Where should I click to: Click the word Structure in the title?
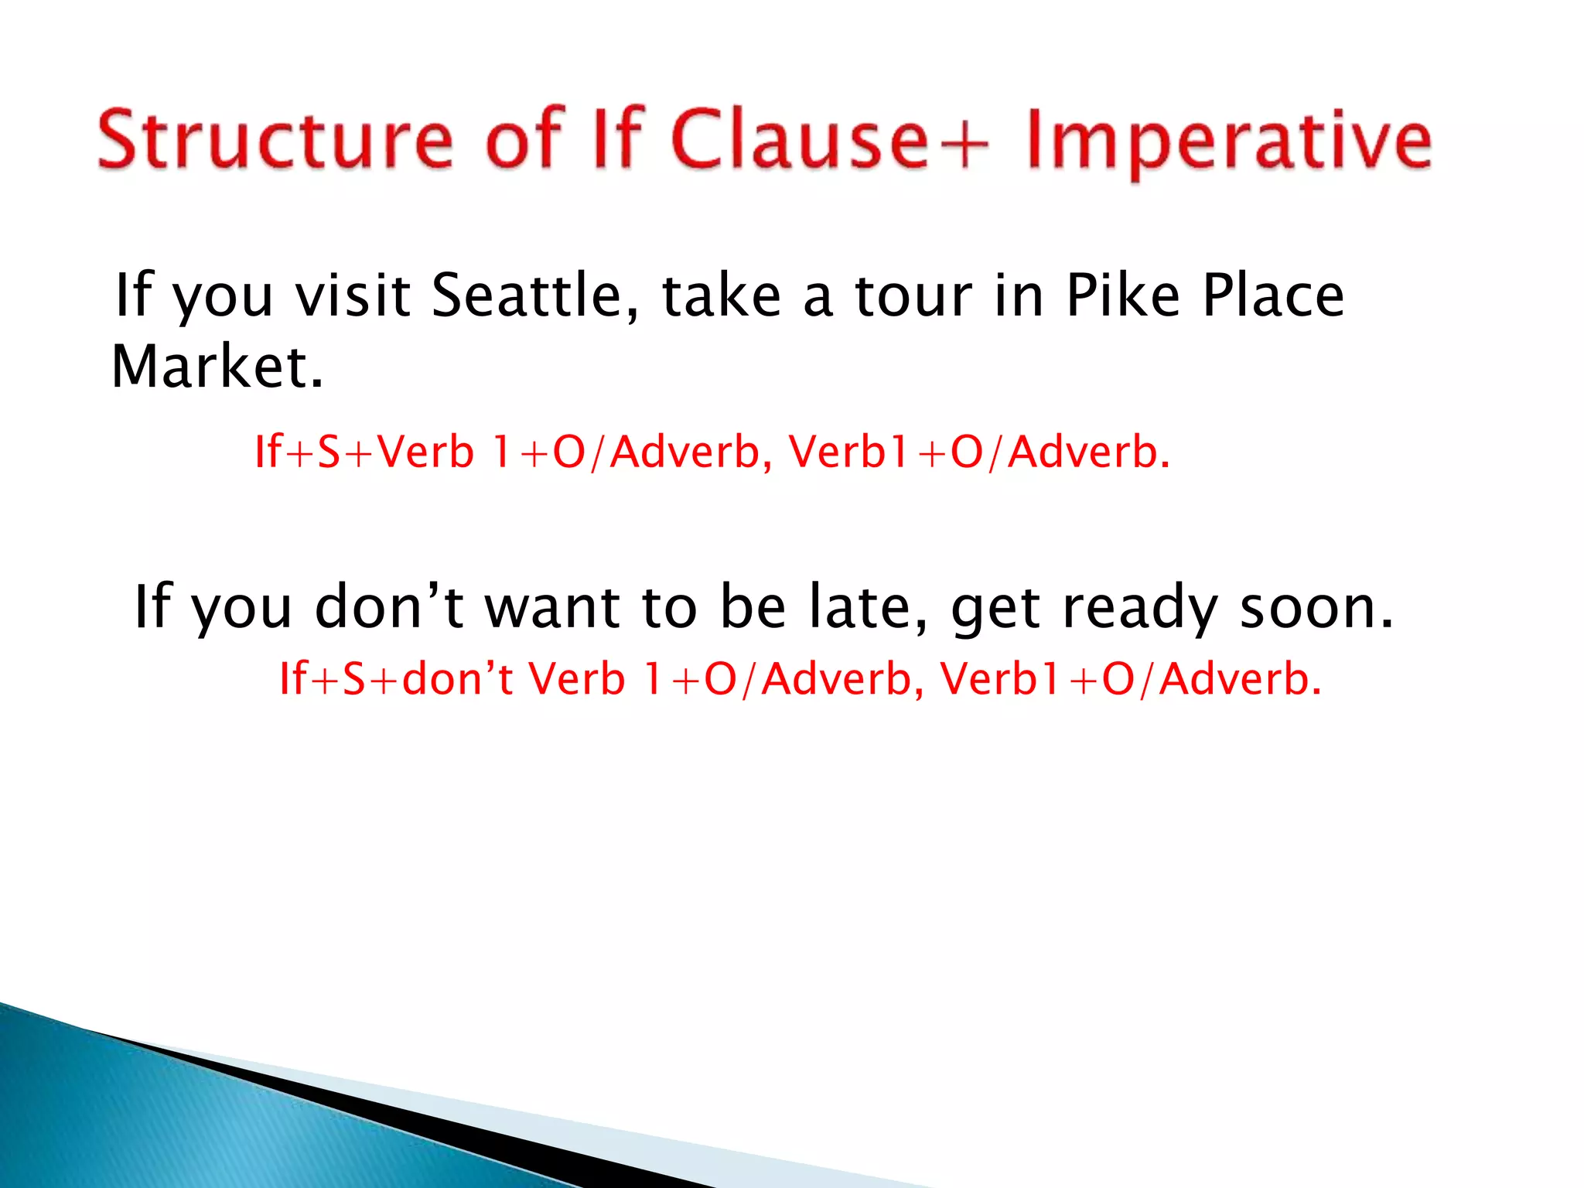pos(275,140)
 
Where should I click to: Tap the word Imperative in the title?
pos(1229,142)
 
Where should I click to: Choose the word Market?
pos(217,367)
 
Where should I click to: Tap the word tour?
pos(913,296)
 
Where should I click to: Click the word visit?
pos(353,296)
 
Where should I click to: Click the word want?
pos(552,607)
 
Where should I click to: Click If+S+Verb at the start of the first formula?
pos(364,452)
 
